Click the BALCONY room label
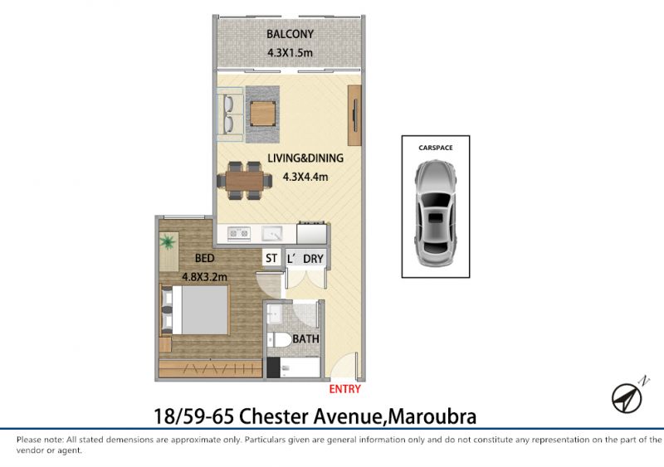coord(290,34)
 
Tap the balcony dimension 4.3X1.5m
coord(290,53)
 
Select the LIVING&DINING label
coord(305,158)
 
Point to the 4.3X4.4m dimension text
coord(305,177)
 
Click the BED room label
coord(204,258)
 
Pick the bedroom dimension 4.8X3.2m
coord(204,277)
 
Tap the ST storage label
coord(271,258)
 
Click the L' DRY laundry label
coord(305,258)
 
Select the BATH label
coord(305,338)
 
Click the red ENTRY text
coord(344,389)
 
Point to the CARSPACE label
coord(435,148)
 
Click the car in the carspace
coord(436,213)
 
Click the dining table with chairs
coord(244,180)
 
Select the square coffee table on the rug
coord(262,114)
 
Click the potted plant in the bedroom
coord(168,241)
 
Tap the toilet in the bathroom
coord(278,339)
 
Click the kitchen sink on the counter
coord(272,233)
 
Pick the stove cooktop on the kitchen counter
coord(239,233)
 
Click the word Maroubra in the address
coord(432,416)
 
